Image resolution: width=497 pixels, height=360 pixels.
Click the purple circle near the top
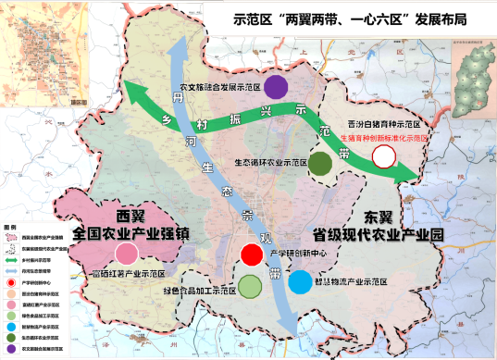pos(275,86)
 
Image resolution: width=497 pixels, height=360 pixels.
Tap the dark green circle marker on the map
pos(320,164)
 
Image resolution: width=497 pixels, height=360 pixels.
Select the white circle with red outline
pos(382,155)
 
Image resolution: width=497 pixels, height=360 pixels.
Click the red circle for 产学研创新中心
pos(250,254)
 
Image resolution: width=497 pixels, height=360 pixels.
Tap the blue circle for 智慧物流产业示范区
pos(300,281)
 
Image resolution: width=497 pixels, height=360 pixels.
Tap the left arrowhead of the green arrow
pos(134,93)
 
